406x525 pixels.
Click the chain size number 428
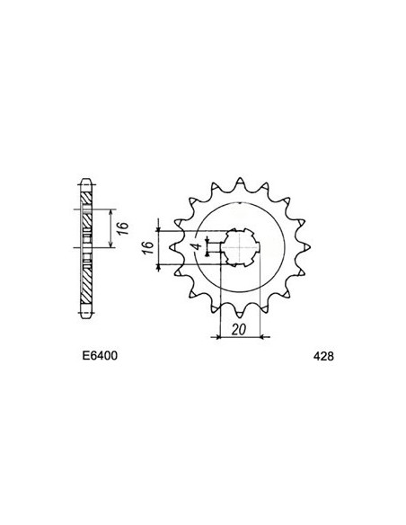point(323,356)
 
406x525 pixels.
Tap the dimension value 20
point(237,331)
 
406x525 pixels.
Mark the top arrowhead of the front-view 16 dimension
point(158,223)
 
